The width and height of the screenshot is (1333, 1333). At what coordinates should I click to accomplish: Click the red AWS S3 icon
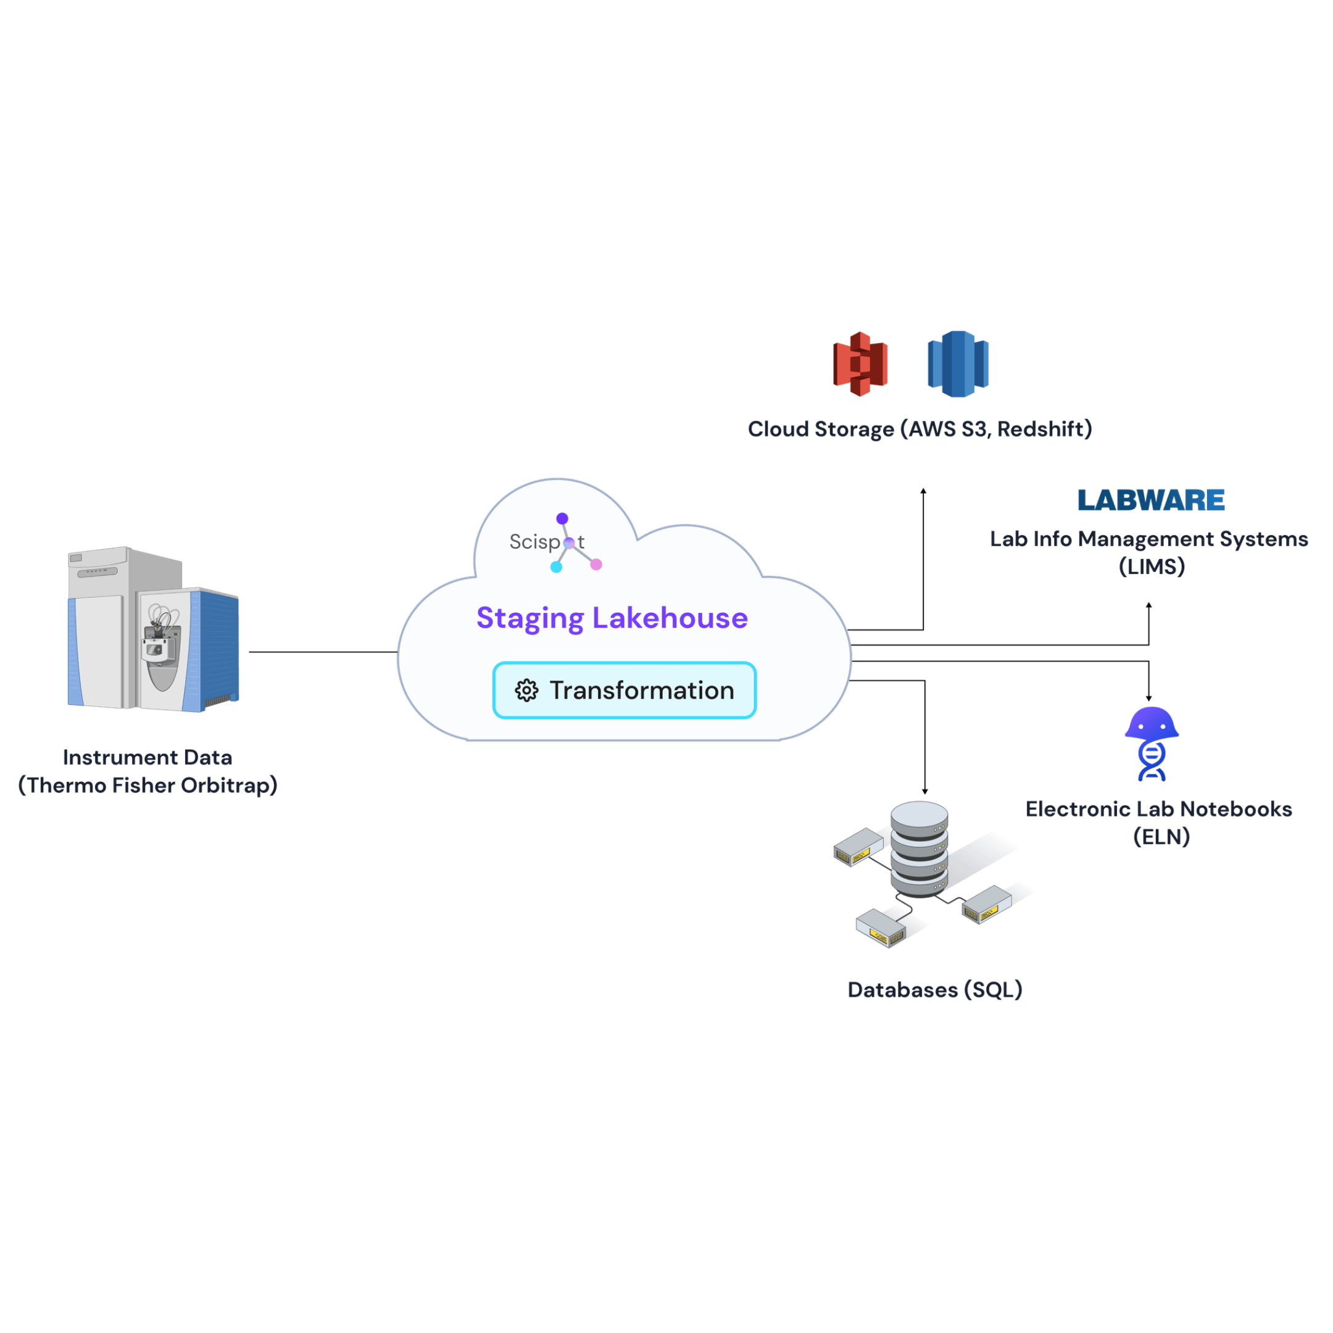coord(860,363)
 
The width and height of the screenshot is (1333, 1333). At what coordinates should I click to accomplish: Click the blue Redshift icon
coord(958,363)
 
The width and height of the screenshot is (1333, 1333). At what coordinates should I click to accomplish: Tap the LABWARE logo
coord(1151,499)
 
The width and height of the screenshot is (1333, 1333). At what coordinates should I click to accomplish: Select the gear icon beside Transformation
coord(526,690)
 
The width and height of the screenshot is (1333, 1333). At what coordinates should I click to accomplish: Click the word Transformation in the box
coord(642,690)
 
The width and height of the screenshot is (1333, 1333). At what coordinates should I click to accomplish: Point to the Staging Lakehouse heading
coord(612,618)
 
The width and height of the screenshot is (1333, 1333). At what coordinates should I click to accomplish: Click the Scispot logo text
coord(534,542)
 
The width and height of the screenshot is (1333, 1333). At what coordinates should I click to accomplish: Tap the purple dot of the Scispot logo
coord(562,518)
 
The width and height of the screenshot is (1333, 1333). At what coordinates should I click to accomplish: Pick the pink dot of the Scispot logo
coord(596,565)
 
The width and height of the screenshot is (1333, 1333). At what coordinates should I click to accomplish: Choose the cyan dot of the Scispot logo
coord(556,567)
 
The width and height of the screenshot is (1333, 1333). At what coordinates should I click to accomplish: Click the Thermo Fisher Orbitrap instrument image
coord(153,629)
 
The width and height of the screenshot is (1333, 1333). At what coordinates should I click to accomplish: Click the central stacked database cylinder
coord(919,849)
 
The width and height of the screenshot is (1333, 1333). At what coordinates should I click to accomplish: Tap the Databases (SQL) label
coord(934,989)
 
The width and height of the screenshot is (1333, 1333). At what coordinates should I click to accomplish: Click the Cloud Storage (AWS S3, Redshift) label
coord(920,428)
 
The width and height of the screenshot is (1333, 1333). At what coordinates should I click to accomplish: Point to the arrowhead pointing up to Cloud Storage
coord(923,491)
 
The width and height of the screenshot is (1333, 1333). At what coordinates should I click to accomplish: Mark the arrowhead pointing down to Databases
coord(924,791)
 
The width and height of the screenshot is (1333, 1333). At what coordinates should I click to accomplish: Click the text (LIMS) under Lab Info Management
coord(1152,567)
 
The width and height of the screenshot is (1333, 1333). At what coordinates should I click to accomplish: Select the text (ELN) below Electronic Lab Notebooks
coord(1161,837)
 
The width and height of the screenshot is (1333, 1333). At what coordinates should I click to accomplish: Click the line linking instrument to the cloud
coord(323,651)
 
